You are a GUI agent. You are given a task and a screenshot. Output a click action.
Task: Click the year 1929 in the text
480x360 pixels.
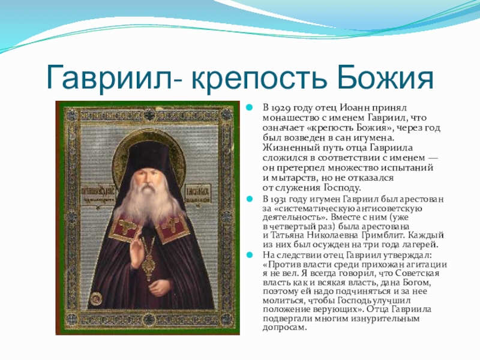pos(281,108)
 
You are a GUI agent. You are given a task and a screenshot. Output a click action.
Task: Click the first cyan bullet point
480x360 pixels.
pos(250,107)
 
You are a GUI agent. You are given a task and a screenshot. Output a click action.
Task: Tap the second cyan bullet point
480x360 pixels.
pos(250,199)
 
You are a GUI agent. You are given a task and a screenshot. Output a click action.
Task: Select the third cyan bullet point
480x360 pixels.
pos(250,254)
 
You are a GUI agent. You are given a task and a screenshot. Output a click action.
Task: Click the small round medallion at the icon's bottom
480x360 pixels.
pos(97,298)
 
